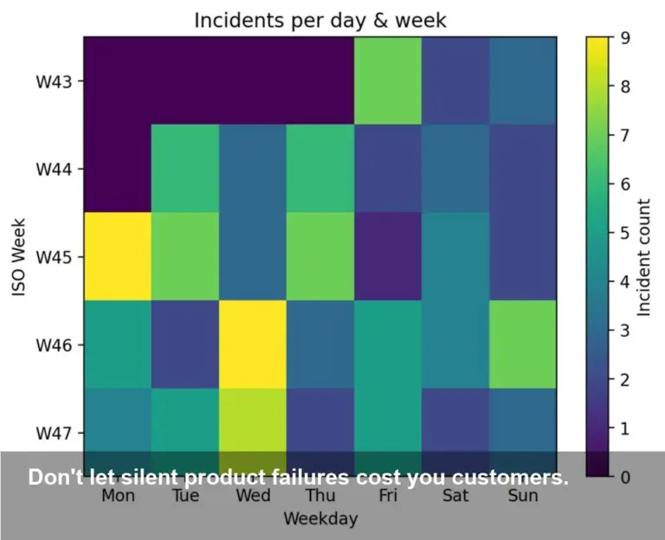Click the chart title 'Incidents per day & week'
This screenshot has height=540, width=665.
pyautogui.click(x=320, y=20)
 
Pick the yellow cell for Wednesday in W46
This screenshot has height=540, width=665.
pyautogui.click(x=252, y=344)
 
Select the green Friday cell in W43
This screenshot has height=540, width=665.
pyautogui.click(x=387, y=80)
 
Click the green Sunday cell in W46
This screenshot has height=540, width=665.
pyautogui.click(x=522, y=344)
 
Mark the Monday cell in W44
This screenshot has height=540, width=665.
pyautogui.click(x=118, y=169)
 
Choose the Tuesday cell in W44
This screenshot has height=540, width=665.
pyautogui.click(x=184, y=169)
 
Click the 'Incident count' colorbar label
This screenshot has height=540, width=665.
pyautogui.click(x=645, y=257)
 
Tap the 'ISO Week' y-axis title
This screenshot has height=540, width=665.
pyautogui.click(x=20, y=257)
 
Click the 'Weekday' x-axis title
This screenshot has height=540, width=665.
pyautogui.click(x=320, y=519)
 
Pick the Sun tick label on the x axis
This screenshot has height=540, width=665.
pyautogui.click(x=522, y=496)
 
